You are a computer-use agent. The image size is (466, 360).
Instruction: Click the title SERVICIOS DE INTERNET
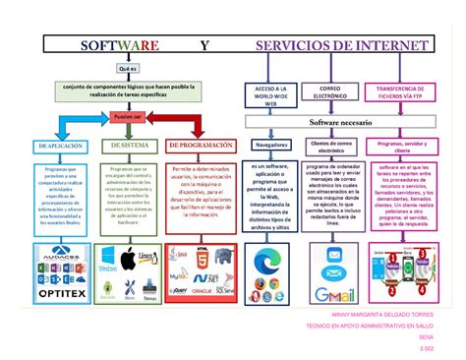[x=341, y=46]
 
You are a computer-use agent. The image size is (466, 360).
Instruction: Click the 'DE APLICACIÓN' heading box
[x=61, y=145]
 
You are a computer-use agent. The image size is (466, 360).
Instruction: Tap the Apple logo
[x=126, y=259]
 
